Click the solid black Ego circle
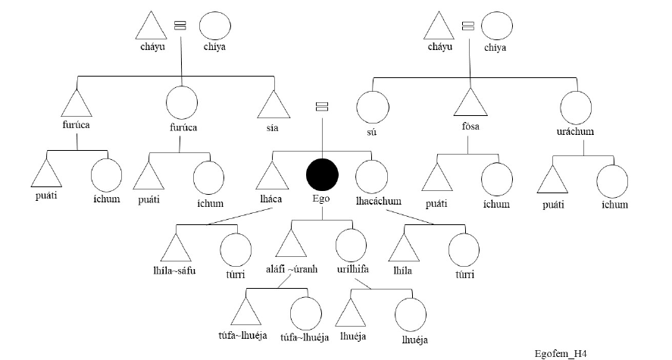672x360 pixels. pos(322,174)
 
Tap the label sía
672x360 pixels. pos(272,128)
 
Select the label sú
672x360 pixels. pos(371,132)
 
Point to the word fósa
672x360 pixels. pos(470,127)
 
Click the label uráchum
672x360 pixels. pos(575,131)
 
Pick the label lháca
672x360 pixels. pos(271,199)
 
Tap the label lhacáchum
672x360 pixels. pos(379,201)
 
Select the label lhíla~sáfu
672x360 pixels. pos(174,271)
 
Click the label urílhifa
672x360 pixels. pos(352,269)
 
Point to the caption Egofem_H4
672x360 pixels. pos(560,354)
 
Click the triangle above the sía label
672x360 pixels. pos(273,104)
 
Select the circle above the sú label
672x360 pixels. pos(373,107)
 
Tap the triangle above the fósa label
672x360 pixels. pos(470,102)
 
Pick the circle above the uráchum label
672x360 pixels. pos(576,108)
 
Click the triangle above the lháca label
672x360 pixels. pos(272,175)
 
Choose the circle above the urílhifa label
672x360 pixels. pos(351,245)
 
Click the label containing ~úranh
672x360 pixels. pos(292,269)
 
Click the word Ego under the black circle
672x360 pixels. pos(321,199)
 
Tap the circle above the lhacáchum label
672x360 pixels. pos(371,177)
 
